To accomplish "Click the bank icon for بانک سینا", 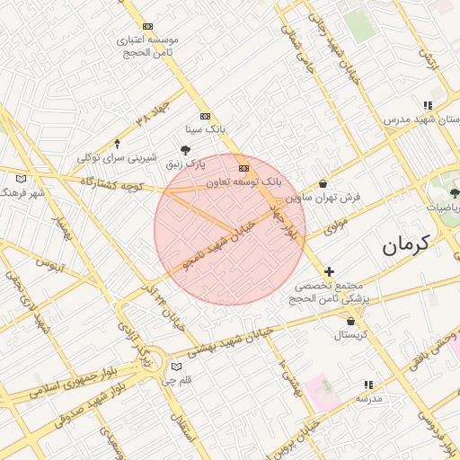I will click(205, 116).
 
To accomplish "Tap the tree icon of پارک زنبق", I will click(186, 150).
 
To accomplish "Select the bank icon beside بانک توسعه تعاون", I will click(243, 168).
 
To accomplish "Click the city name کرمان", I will click(406, 243).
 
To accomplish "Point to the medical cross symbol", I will click(330, 271).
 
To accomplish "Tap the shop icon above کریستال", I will click(350, 321).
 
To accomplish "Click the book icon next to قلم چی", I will click(176, 367).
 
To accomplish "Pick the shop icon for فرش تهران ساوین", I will click(323, 183).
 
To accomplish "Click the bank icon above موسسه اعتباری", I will click(148, 27).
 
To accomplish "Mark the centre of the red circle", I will click(230, 230).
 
